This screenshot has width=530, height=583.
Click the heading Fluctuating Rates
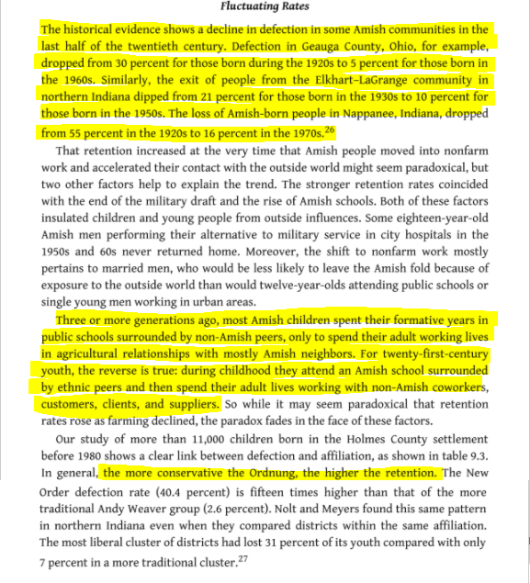(265, 7)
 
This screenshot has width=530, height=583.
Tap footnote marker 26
(331, 129)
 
